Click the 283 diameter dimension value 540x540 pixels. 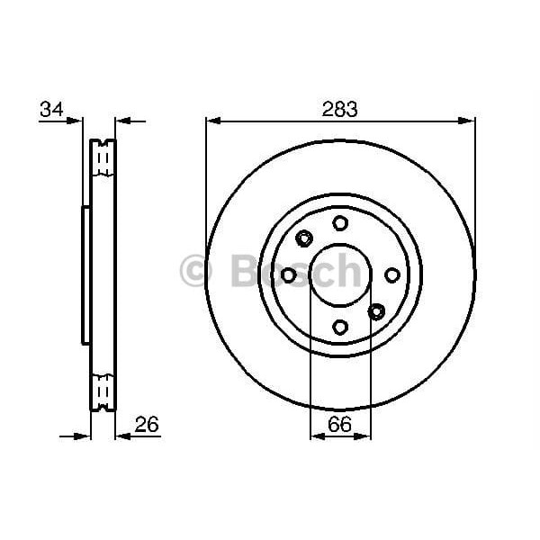pos(340,110)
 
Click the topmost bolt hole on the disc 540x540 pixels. pos(339,222)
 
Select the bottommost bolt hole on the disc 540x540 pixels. pos(339,328)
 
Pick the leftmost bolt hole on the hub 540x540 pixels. pos(288,274)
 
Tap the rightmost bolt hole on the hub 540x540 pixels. pos(392,274)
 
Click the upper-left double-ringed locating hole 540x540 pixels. pos(303,238)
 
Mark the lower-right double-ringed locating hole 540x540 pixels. pos(376,311)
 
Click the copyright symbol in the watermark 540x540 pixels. pos(195,271)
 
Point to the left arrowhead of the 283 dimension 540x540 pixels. pos(212,120)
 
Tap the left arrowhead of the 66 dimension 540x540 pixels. pos(316,436)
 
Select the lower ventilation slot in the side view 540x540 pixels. pos(103,389)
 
